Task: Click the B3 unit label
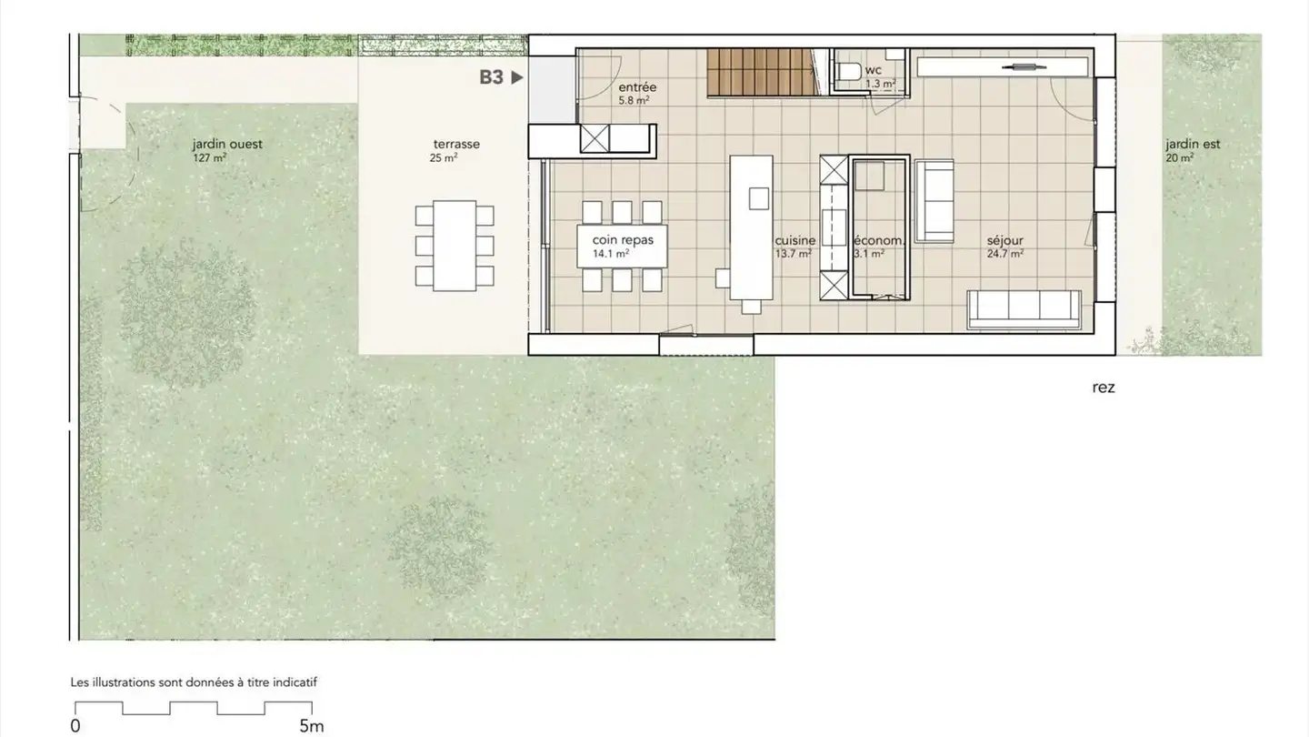coord(492,77)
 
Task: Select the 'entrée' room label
coord(636,87)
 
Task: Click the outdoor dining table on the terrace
coord(455,246)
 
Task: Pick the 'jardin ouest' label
coord(227,144)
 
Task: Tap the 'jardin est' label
coord(1193,144)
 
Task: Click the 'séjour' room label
coord(1005,241)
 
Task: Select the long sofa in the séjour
coord(1024,309)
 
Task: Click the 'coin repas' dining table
coord(623,246)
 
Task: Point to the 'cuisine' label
coord(795,241)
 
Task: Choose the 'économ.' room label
coord(877,241)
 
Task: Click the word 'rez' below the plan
coord(1104,388)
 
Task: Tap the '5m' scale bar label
coord(312,726)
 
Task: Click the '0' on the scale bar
coord(75,726)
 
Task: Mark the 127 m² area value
coord(209,157)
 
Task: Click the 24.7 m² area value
coord(1005,255)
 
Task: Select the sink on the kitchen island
coord(758,197)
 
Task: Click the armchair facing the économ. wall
coord(934,201)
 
